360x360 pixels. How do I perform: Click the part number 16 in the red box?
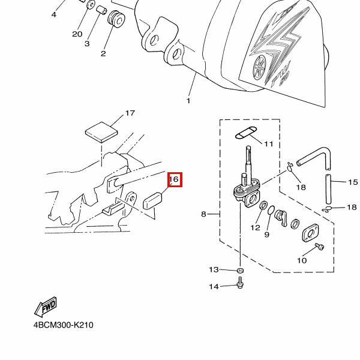[x=174, y=179]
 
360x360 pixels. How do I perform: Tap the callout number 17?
[x=130, y=113]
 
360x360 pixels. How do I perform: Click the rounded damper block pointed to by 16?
[x=155, y=199]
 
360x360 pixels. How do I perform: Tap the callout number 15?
[x=352, y=181]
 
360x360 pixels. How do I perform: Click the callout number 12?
[x=256, y=227]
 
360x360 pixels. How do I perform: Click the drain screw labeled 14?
[x=240, y=284]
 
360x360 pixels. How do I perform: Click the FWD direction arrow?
[x=46, y=308]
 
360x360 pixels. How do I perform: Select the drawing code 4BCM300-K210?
[x=63, y=326]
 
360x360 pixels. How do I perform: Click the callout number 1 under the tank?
[x=188, y=101]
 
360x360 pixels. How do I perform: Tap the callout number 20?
[x=77, y=34]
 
